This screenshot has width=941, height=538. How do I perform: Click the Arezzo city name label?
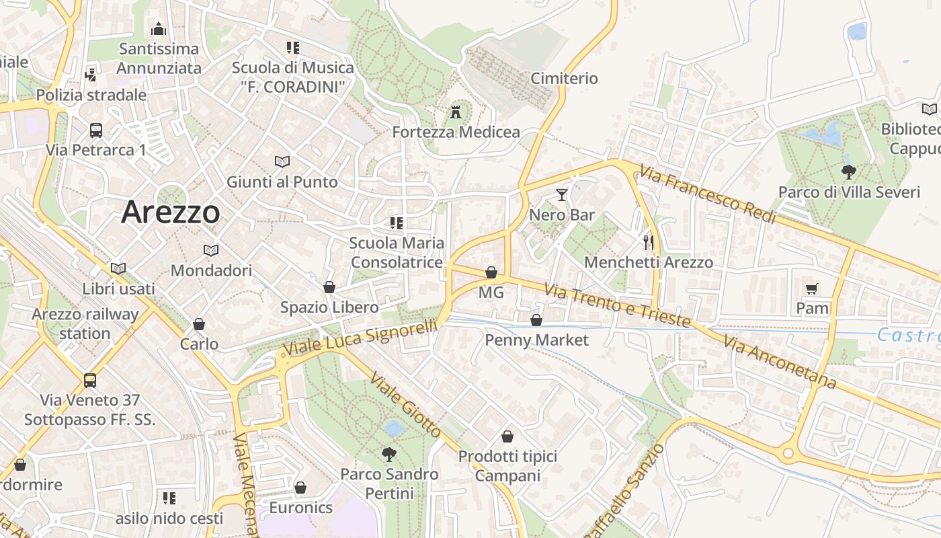[x=171, y=212]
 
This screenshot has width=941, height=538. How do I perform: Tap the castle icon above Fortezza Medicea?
[x=456, y=112]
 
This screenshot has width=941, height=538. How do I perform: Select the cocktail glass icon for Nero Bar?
[x=562, y=195]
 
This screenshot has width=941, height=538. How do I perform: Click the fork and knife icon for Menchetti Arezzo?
[x=649, y=242]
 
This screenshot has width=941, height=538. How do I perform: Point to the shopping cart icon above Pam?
[x=812, y=289]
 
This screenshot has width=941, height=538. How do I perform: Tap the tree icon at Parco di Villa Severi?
[x=849, y=171]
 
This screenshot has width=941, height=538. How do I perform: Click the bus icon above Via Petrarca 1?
[x=96, y=130]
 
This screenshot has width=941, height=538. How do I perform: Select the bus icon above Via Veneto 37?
[x=90, y=380]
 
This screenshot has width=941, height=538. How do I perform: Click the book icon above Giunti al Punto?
[x=282, y=161]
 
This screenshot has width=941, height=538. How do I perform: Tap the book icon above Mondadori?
[x=211, y=250]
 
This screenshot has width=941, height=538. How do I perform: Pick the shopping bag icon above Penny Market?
[x=536, y=320]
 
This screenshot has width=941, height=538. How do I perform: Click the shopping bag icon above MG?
[x=491, y=272]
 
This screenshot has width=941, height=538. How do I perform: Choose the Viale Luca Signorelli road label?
[x=360, y=338]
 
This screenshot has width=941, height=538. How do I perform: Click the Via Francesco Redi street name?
[x=708, y=195]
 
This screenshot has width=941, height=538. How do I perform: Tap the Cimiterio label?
[x=564, y=78]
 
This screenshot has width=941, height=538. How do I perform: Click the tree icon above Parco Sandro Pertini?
[x=389, y=454]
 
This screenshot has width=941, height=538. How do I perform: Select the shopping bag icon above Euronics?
[x=300, y=488]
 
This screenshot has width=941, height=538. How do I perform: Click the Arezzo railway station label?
[x=85, y=323]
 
